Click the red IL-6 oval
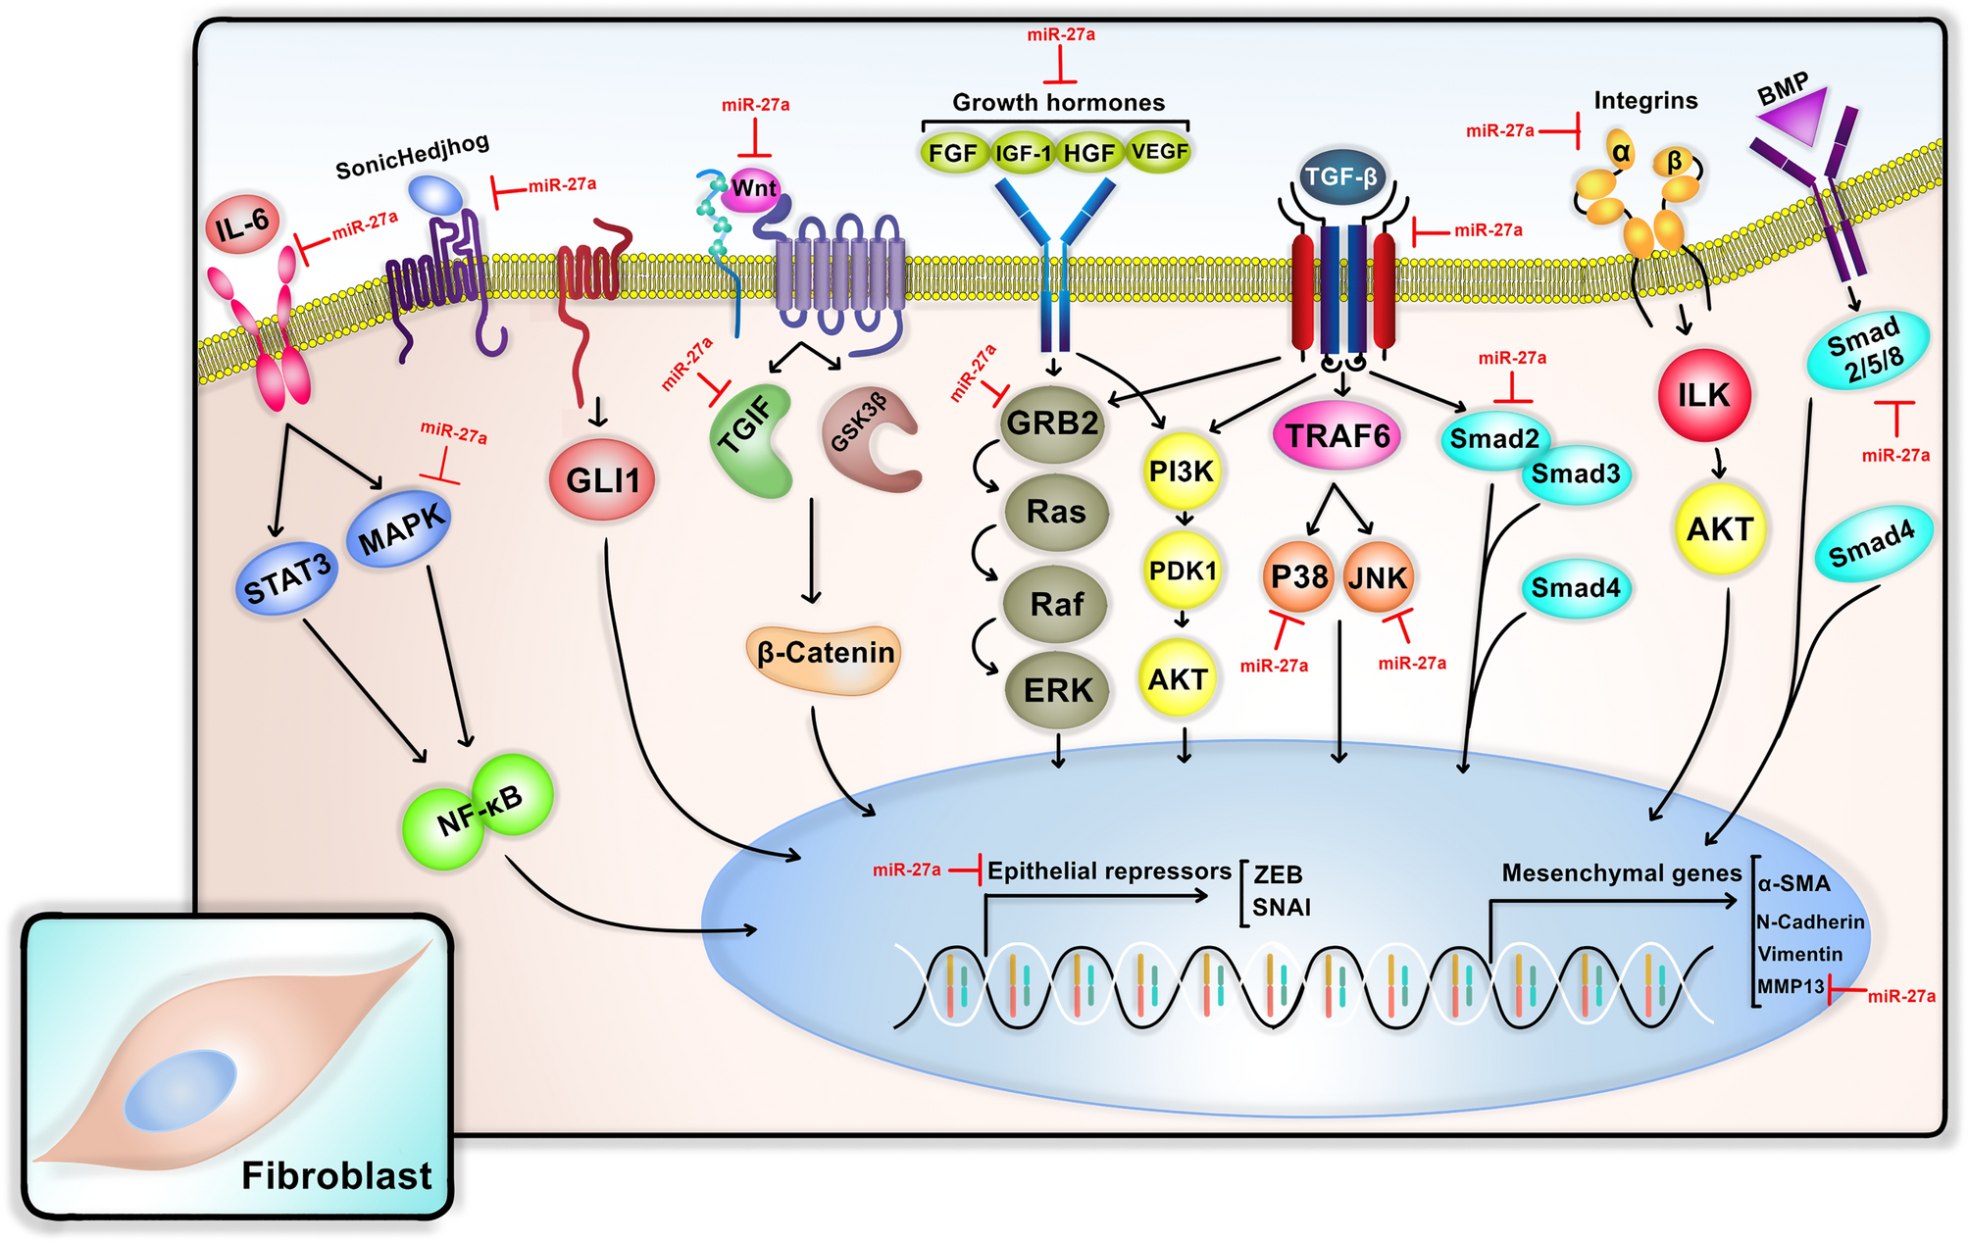[243, 224]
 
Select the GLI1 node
[602, 480]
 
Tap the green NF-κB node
[479, 812]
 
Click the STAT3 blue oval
[287, 579]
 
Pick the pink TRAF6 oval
[1337, 435]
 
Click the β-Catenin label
[826, 654]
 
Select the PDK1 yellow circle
[1183, 571]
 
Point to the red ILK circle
[1703, 395]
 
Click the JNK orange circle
[1377, 577]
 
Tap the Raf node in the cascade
[1056, 604]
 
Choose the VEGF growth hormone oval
[1159, 152]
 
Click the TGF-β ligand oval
[1341, 177]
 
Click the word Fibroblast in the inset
[336, 1175]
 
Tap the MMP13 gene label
[1791, 986]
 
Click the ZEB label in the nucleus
[1278, 874]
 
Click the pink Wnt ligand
[752, 189]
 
